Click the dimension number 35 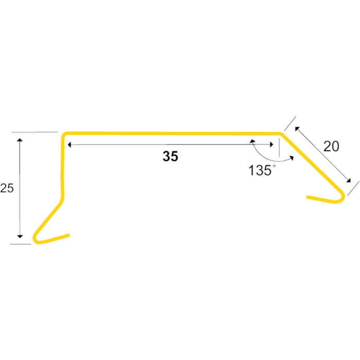tap(170, 157)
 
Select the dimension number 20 tap(331, 146)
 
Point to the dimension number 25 tap(6, 188)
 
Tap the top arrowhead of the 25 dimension tap(20, 140)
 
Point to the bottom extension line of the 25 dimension tap(21, 244)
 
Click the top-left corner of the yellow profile tap(64, 135)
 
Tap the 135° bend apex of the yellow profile tap(281, 134)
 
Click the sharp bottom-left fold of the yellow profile tap(35, 240)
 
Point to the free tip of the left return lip tap(68, 236)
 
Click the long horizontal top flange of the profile tap(170, 133)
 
